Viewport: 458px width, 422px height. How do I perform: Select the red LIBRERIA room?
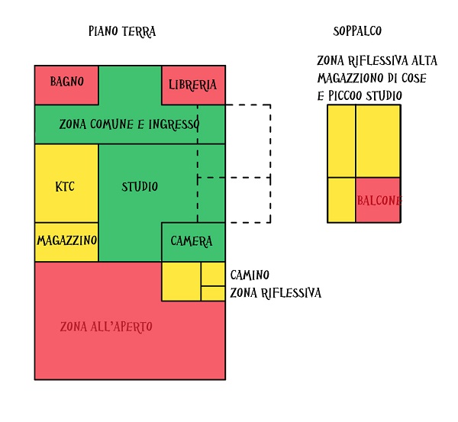[193, 85]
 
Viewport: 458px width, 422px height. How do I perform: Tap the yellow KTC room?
[66, 186]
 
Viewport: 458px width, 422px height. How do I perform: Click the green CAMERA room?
[192, 241]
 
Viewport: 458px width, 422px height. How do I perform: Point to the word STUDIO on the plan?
[140, 186]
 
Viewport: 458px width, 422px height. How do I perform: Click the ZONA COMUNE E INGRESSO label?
[129, 124]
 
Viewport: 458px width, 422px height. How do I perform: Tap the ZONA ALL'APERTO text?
[106, 327]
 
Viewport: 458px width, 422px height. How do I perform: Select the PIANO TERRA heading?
[122, 31]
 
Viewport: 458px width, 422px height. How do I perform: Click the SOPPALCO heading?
[357, 31]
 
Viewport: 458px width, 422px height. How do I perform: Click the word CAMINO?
[250, 275]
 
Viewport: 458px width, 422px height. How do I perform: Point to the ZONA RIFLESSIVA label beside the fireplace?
[276, 293]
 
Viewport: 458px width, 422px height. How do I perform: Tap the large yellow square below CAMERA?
[181, 281]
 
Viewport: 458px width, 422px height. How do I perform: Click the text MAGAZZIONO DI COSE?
[371, 78]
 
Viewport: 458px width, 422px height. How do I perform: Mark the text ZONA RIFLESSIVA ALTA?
[377, 61]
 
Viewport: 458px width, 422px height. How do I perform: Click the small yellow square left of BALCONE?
[341, 200]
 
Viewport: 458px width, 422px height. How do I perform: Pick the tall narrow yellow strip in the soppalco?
[341, 141]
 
